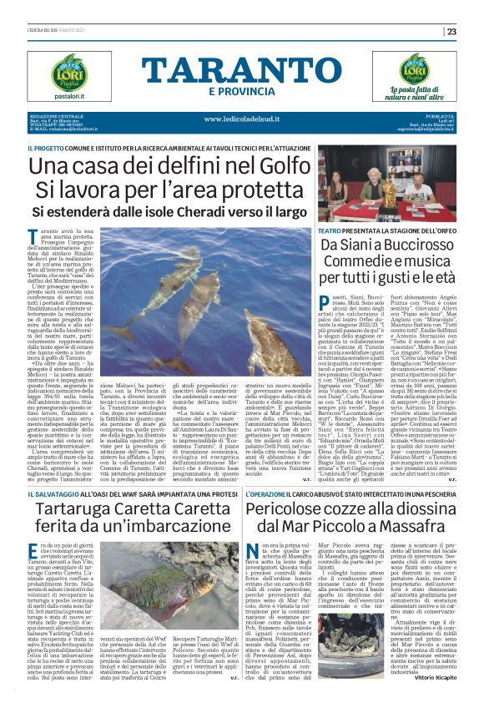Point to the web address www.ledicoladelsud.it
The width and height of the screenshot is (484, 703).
(x=241, y=119)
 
